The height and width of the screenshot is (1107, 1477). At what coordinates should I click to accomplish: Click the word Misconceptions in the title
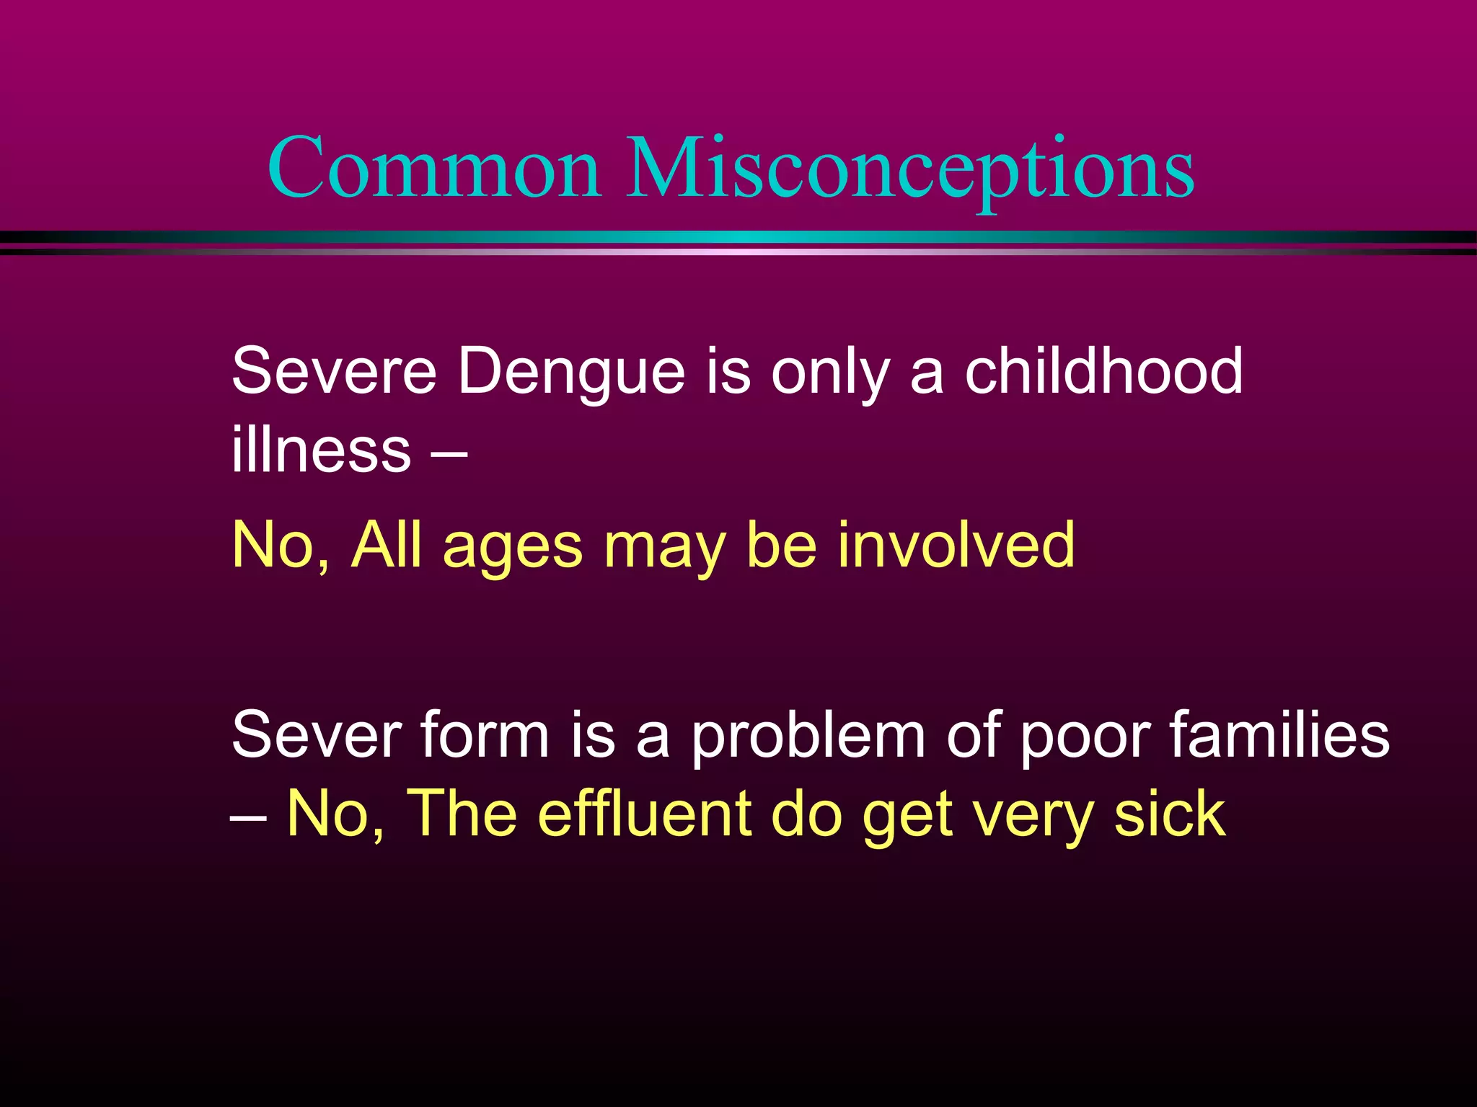click(x=910, y=170)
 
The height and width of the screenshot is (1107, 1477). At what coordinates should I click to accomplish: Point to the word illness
click(x=321, y=450)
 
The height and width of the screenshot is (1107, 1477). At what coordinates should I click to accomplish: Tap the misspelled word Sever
click(x=316, y=735)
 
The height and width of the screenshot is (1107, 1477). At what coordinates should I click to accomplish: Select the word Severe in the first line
click(x=334, y=372)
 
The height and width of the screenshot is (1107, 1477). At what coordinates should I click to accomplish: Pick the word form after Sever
click(x=485, y=735)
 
